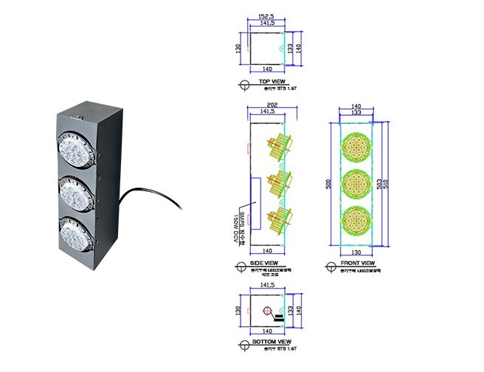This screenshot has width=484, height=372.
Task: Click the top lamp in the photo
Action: (77, 151)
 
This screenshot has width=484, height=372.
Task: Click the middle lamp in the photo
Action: (77, 193)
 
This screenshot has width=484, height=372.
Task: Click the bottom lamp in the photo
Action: (76, 234)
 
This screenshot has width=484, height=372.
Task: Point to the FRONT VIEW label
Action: (358, 263)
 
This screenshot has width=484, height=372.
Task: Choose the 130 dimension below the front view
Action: (357, 252)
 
